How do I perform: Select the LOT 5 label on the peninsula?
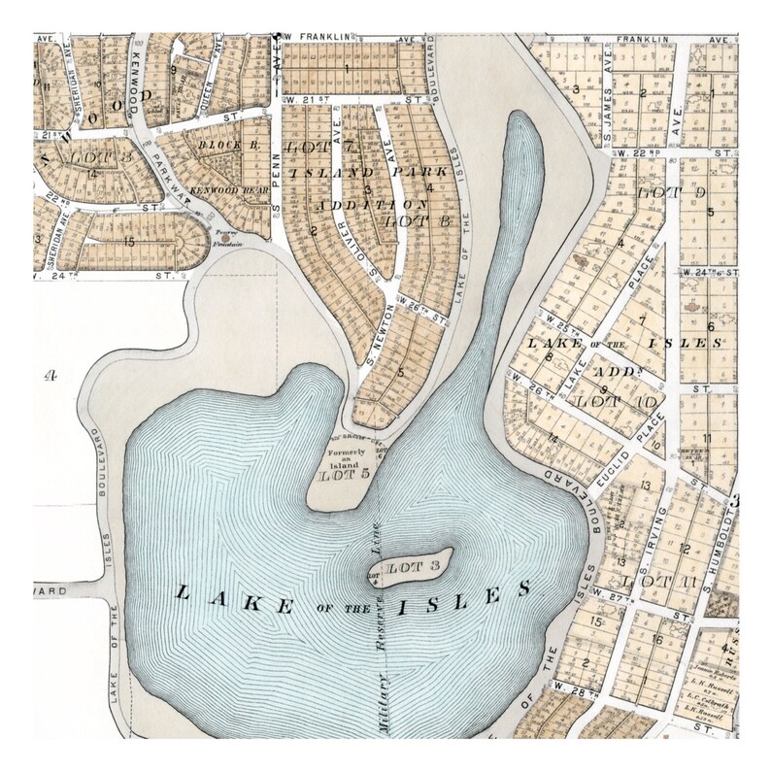click(346, 475)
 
